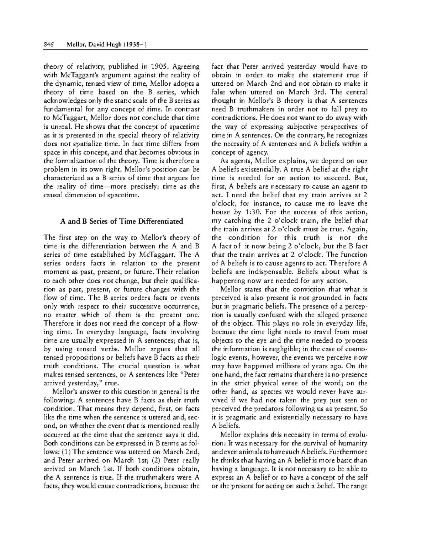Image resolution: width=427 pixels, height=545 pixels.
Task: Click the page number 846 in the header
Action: click(48, 44)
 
